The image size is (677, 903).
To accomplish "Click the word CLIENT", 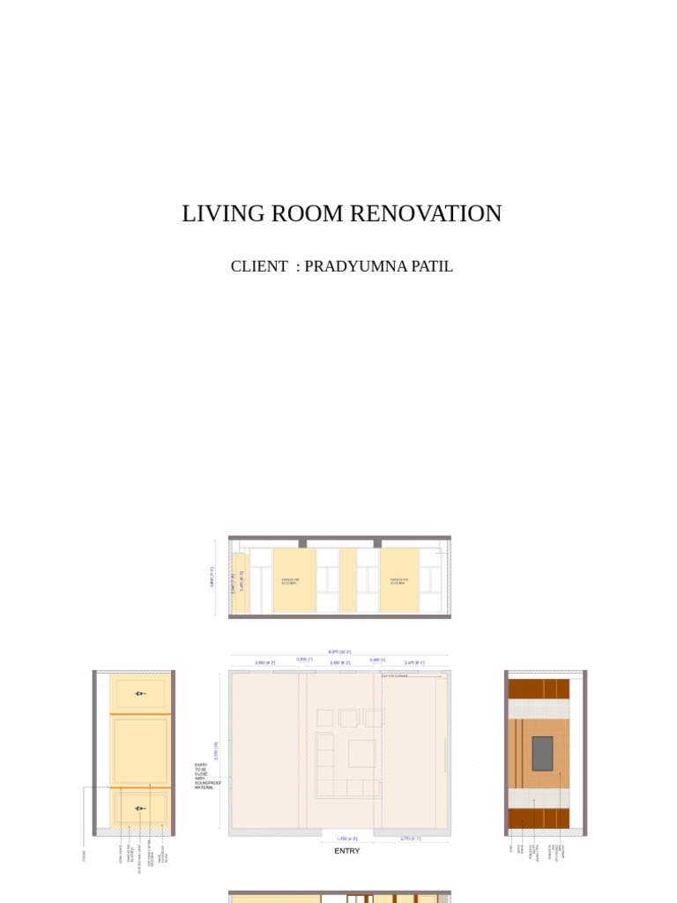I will point(258,266).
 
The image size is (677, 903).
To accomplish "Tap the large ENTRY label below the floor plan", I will point(346,851).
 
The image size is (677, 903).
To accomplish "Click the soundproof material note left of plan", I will point(207,776).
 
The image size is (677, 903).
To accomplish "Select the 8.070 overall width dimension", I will point(334,653).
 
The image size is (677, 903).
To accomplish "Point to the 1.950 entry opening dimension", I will point(346,839).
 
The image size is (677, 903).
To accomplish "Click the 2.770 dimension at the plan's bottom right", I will point(410,839).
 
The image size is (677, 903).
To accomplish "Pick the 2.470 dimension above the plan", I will point(413,662).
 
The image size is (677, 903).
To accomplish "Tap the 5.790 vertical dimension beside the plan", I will point(216,751).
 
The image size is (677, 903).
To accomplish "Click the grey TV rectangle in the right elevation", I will point(542,753).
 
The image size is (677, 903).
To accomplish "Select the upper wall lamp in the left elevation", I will point(138,693).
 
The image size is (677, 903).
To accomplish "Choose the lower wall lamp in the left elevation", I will point(138,808).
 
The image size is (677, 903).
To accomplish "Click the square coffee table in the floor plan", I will point(361,753).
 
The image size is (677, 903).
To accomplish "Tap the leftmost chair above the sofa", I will point(324,718).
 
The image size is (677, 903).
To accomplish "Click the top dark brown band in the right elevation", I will point(539,689).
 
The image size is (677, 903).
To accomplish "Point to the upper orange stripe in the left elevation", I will point(139,713).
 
